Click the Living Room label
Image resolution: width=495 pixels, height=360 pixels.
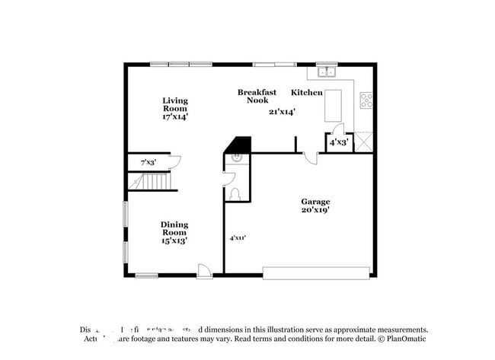174,104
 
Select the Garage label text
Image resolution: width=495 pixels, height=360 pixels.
315,202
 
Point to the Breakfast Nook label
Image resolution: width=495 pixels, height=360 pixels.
257,96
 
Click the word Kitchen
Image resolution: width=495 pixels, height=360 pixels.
307,93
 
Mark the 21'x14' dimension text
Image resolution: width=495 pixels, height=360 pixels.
282,112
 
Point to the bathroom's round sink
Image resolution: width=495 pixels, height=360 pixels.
235,158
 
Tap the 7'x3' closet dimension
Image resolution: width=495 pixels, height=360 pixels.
148,163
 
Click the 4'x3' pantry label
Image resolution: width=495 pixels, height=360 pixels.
337,142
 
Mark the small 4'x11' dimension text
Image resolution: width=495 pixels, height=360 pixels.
238,238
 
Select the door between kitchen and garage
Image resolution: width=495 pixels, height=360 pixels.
310,157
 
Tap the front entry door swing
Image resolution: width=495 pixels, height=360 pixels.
204,269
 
